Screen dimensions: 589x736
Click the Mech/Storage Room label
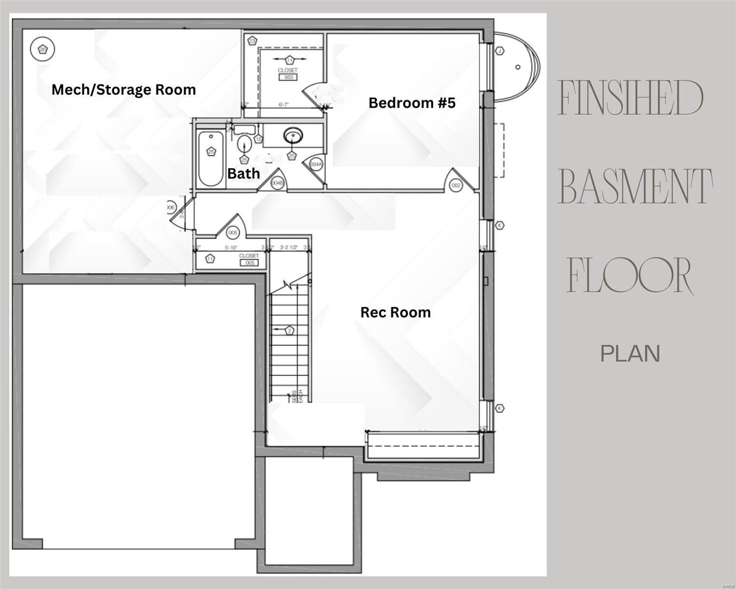124,90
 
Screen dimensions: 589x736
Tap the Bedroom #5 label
412,103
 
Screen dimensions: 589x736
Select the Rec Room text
395,312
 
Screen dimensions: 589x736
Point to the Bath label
243,173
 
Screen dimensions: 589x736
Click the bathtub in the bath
211,157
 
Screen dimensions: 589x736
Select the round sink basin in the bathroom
292,134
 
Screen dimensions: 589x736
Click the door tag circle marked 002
456,185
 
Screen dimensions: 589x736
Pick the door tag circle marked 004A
315,164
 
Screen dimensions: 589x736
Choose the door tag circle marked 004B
277,183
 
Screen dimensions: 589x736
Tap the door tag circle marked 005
233,233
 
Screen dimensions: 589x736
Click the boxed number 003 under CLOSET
288,77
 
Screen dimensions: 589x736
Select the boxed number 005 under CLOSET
249,263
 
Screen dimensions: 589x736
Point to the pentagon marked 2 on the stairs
289,330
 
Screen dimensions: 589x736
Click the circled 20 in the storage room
42,49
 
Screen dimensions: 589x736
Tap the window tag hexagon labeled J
500,51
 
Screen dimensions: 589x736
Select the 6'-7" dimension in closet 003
285,105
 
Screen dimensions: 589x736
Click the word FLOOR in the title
630,276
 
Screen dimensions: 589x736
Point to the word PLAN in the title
631,353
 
